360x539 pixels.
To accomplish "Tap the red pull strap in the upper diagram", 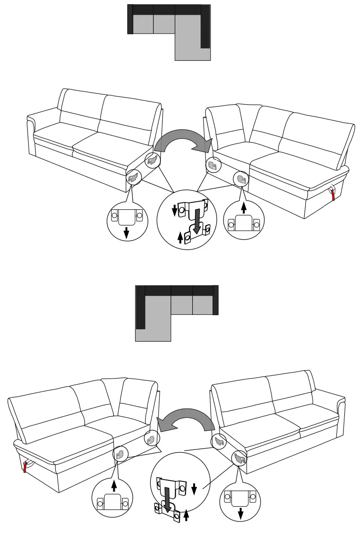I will click(x=333, y=194).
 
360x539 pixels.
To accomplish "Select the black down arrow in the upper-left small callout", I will click(x=126, y=233).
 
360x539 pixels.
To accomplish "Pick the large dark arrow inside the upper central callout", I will click(x=197, y=220).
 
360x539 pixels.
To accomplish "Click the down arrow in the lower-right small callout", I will click(x=240, y=512).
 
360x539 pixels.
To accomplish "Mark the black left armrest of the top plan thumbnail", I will click(x=130, y=19).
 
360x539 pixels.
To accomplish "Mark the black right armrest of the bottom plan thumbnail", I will click(x=215, y=300).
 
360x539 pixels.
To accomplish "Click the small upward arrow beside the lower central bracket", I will click(x=186, y=515).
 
